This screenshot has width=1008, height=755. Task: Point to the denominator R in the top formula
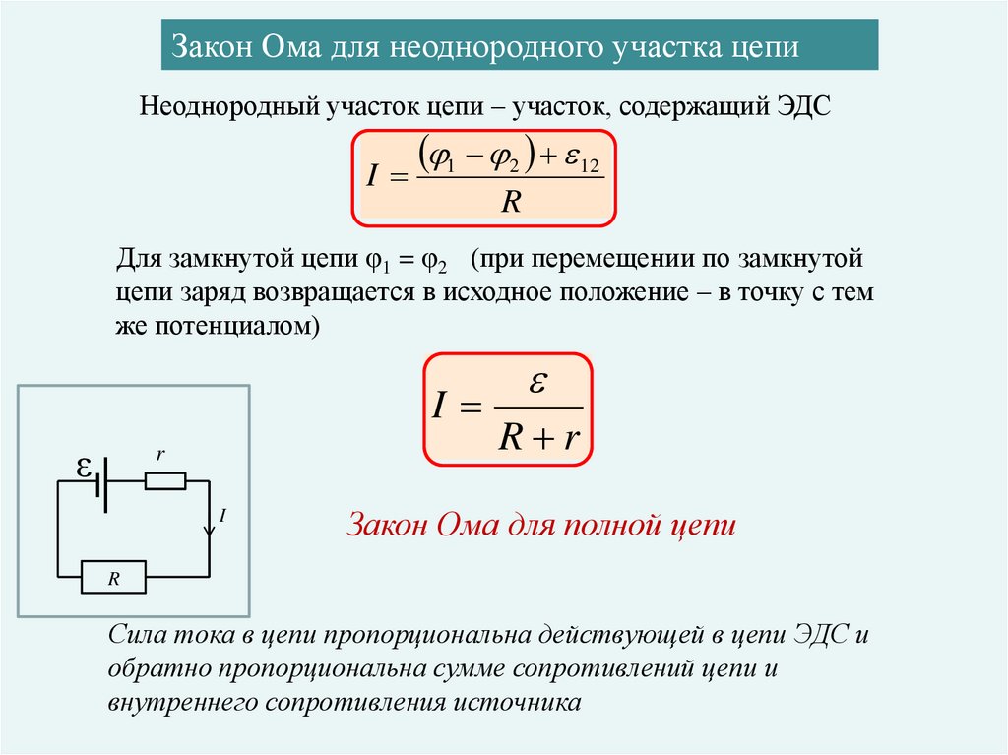point(510,201)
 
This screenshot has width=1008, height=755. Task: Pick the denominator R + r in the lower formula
point(536,436)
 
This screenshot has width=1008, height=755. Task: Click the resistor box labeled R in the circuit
point(112,578)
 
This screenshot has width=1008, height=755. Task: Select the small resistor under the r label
point(164,481)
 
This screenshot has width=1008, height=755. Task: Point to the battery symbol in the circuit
point(100,482)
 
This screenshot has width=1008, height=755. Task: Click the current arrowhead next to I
point(209,531)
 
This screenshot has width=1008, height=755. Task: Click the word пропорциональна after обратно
point(324,669)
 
